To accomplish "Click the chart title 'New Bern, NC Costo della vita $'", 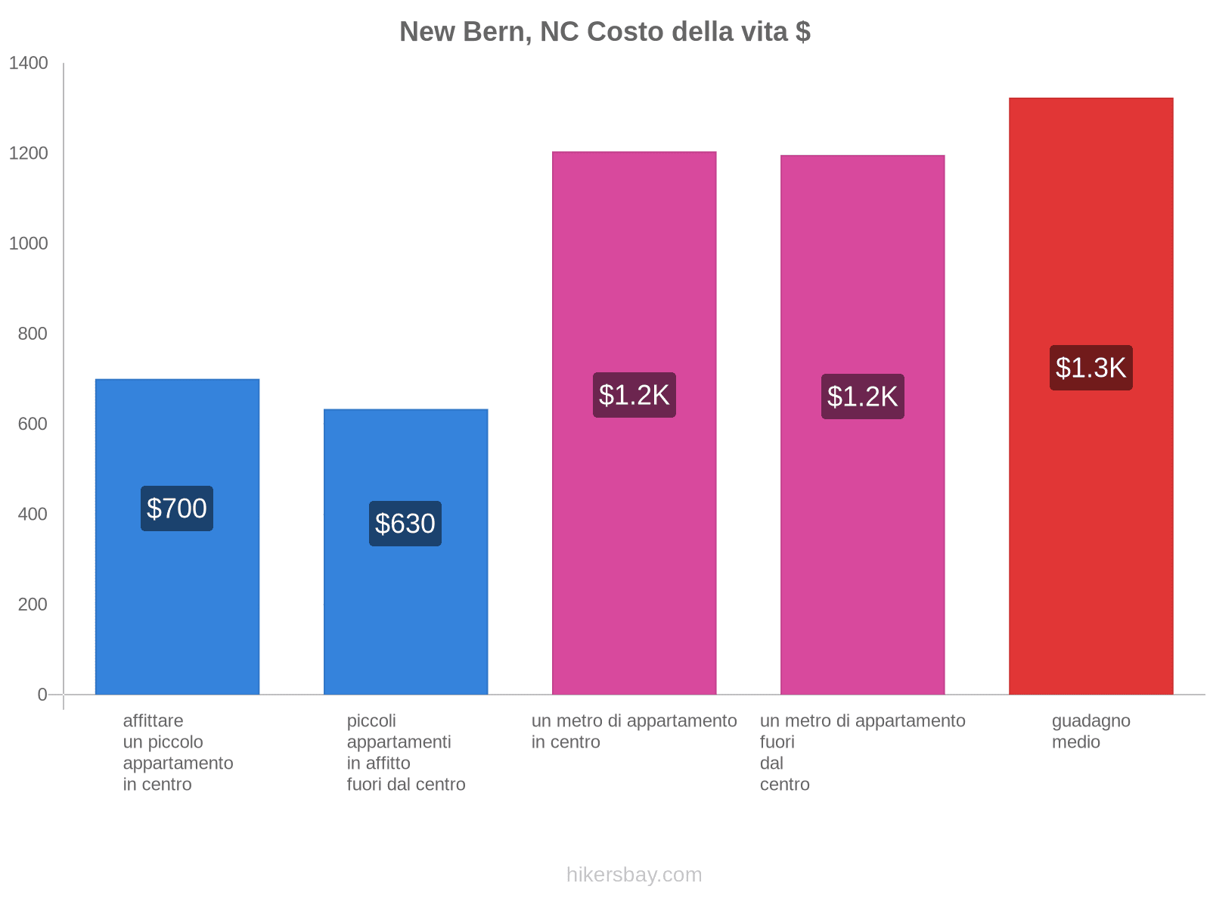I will point(605,32).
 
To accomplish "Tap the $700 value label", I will point(177,508).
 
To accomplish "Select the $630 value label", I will point(405,524).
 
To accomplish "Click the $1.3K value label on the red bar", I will point(1091,368).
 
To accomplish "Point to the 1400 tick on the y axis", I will point(29,64).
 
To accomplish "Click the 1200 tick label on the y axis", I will point(29,154).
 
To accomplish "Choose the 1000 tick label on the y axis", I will point(29,244).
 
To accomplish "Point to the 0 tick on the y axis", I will point(42,694).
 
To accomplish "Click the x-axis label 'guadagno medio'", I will point(1091,732).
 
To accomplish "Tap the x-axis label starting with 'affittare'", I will point(178,753).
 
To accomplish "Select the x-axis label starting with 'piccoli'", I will point(406,753).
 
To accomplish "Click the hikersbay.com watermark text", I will point(634,875).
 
